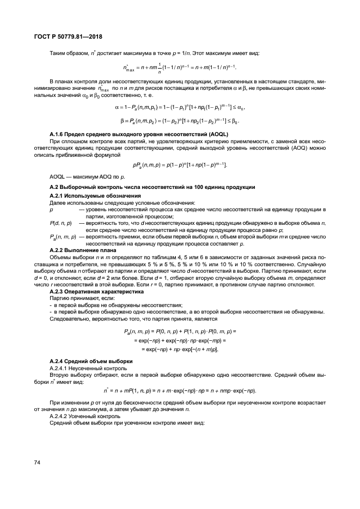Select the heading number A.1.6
[x=58, y=133]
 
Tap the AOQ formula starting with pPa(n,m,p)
[x=180, y=165]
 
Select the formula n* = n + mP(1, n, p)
[x=180, y=390]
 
